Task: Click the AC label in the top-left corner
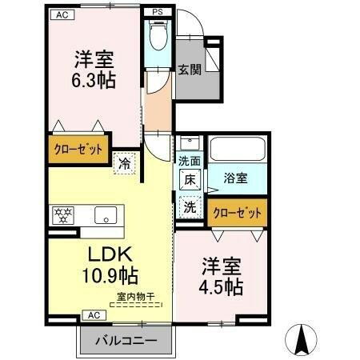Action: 62,14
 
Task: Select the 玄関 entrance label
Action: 188,69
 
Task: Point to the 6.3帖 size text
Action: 94,81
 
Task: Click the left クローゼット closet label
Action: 77,150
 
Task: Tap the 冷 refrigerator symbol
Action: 125,163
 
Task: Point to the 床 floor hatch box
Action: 190,181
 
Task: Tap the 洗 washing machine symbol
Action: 190,206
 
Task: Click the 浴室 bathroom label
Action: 234,178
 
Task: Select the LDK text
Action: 109,256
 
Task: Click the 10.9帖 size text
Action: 110,277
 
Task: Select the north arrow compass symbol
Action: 303,340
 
